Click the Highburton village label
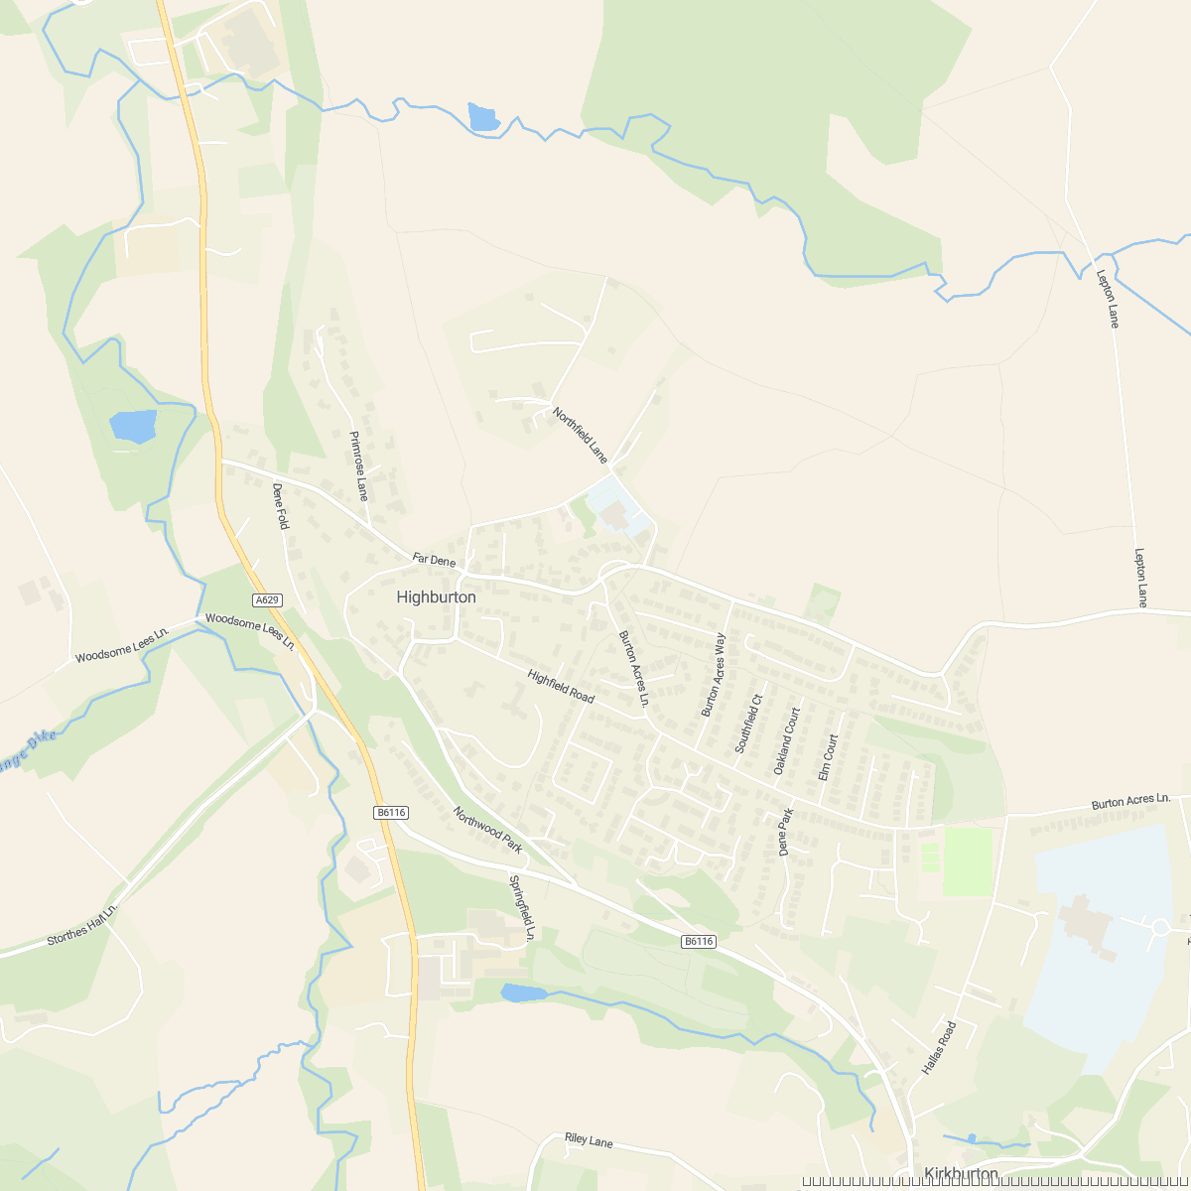tap(436, 597)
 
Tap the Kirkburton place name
tap(960, 1174)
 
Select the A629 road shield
tap(267, 600)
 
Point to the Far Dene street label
tap(434, 561)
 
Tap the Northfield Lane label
tap(580, 436)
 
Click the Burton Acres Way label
tap(714, 675)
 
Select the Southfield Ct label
tap(747, 724)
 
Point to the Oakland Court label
tap(786, 741)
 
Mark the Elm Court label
tap(828, 757)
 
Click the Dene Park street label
tap(786, 833)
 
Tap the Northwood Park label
tap(487, 830)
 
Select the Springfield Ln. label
tap(522, 907)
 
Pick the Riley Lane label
tap(589, 1141)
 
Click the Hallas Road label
tap(938, 1048)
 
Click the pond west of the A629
tap(133, 426)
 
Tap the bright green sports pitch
tap(967, 861)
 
